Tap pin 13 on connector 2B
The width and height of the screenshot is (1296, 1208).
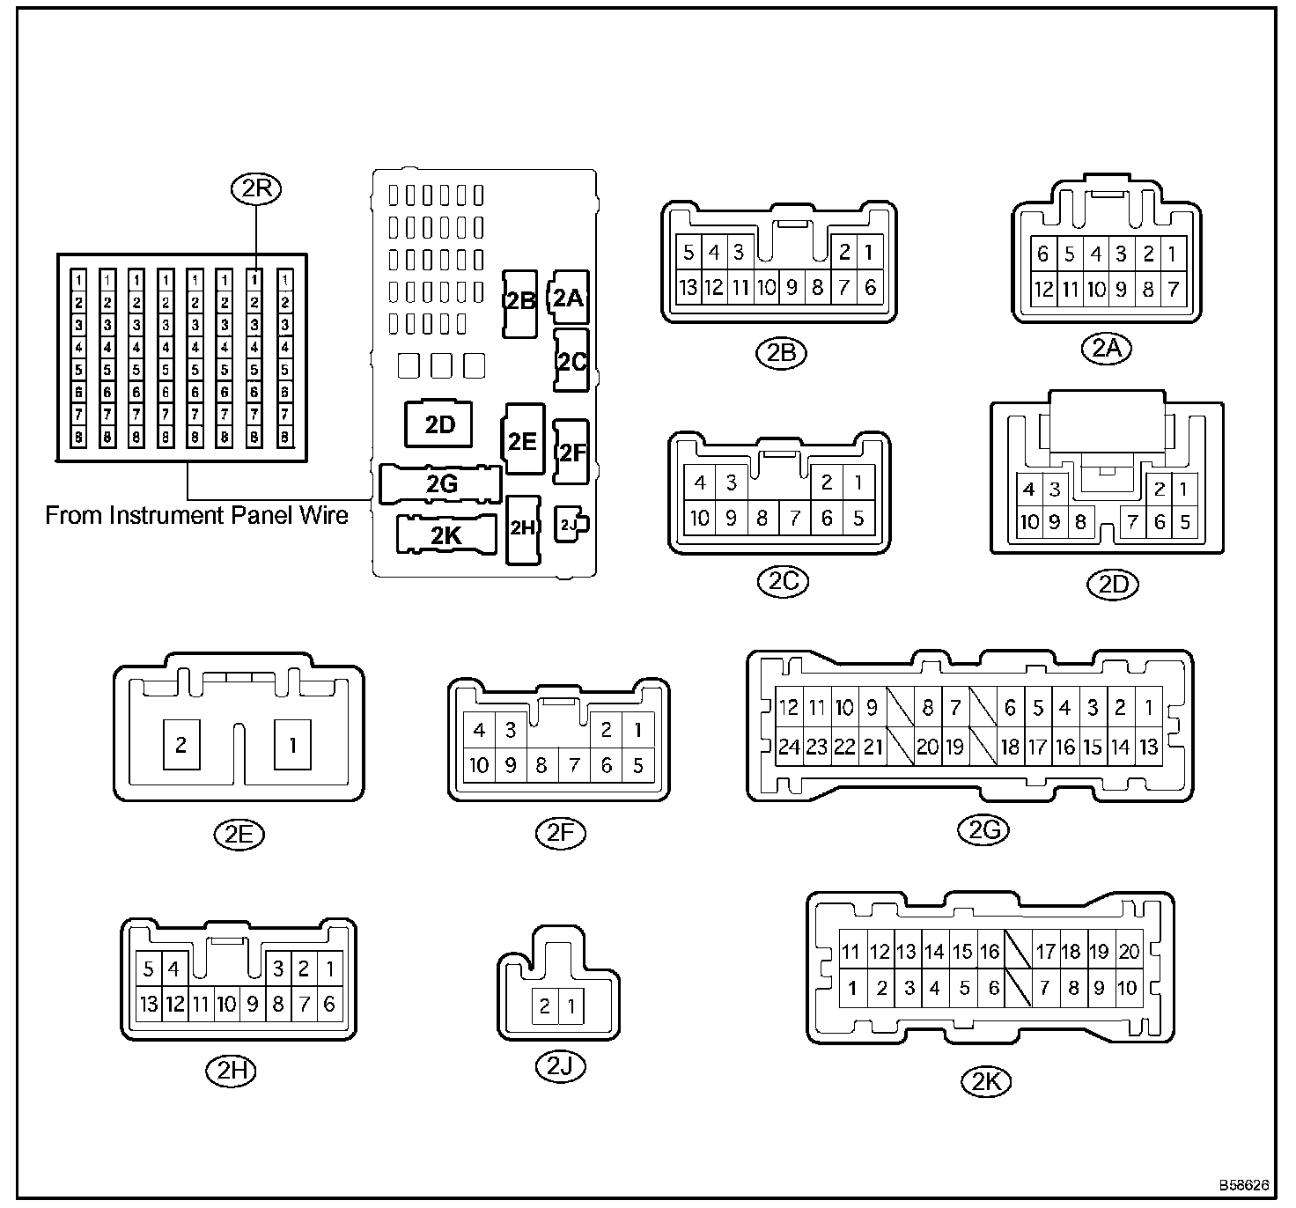[688, 287]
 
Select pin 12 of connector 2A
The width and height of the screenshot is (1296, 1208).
[1043, 289]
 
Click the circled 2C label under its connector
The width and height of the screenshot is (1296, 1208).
[783, 581]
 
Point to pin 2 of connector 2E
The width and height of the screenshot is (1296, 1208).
[181, 745]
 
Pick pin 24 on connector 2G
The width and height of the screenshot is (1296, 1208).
[788, 748]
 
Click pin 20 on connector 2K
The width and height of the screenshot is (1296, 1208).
[1129, 952]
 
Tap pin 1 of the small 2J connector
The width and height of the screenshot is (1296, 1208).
[571, 1005]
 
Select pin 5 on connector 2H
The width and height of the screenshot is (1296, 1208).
[148, 969]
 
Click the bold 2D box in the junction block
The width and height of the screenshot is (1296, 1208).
[439, 425]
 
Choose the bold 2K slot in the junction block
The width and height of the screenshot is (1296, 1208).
[446, 534]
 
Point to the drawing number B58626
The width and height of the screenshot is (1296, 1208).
[1244, 1186]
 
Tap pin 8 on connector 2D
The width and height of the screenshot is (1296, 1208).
[1080, 522]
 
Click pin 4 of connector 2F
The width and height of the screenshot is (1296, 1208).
[479, 730]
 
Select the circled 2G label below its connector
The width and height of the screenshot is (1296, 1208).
[983, 828]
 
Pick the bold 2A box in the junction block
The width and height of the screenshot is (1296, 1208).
[568, 298]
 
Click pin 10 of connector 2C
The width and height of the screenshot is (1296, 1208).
[700, 518]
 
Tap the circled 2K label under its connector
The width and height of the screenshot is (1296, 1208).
[986, 1081]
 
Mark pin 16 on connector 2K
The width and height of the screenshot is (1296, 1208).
[990, 952]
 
